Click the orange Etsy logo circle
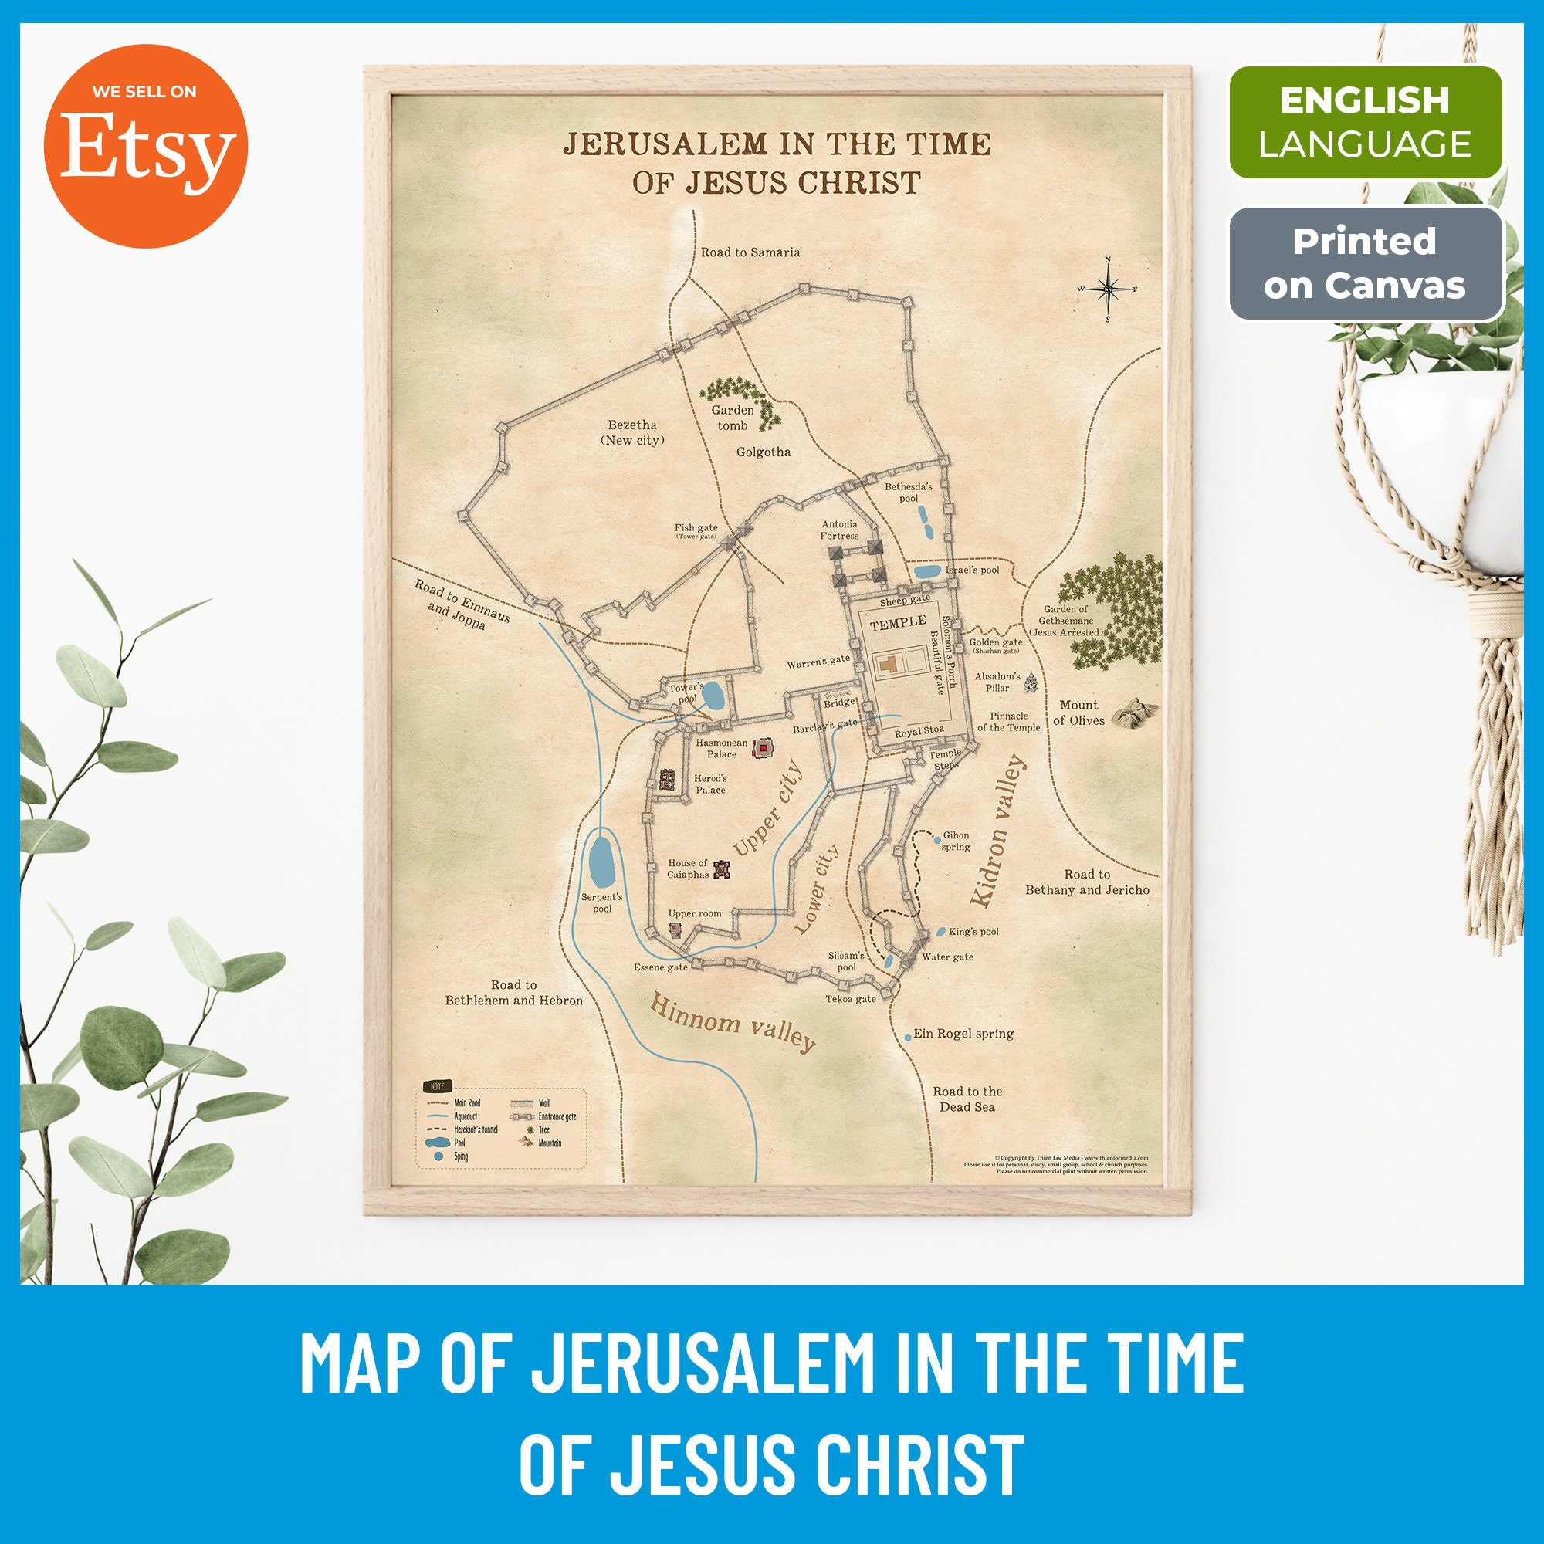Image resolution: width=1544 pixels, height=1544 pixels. pos(145,145)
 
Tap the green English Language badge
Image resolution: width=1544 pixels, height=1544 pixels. pos(1365,122)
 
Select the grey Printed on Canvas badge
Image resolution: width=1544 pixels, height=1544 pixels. pos(1365,263)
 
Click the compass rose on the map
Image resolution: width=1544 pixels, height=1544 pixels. pos(1108,289)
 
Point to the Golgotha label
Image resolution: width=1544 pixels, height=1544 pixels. pos(764,452)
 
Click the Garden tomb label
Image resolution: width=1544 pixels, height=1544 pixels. pos(732,417)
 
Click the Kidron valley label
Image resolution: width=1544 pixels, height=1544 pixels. pos(997,831)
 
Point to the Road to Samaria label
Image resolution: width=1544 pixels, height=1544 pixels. pos(750,252)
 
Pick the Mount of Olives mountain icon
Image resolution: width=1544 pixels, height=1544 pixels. pos(1134,710)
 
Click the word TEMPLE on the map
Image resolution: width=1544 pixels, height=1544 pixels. pos(899,621)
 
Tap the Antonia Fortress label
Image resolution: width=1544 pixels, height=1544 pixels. pos(839,530)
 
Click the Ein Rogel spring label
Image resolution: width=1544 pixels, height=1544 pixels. pos(963,1034)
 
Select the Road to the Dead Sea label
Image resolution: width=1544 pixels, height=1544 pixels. pos(967,1099)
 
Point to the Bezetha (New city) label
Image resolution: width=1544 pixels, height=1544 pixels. pos(632,432)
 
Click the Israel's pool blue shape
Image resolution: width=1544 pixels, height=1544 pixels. pos(928,571)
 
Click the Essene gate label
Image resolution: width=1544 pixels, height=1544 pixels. pos(660,967)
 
